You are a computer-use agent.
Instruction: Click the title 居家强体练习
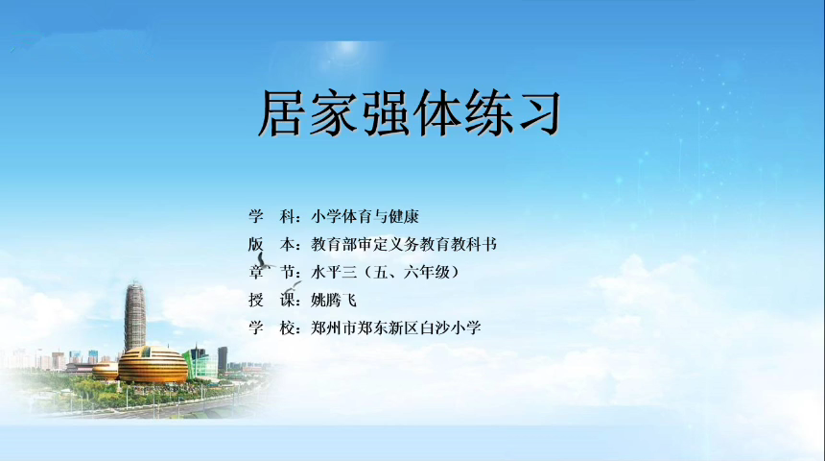click(410, 113)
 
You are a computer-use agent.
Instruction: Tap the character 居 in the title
click(281, 113)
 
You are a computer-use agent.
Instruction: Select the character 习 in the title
click(539, 113)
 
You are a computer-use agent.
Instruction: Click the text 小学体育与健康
click(365, 216)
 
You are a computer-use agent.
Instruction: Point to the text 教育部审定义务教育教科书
click(404, 245)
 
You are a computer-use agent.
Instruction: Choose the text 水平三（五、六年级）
click(385, 273)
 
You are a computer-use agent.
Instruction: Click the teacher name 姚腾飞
click(334, 301)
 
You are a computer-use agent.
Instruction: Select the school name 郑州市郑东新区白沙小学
click(395, 328)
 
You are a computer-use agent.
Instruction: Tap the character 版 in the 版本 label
click(256, 245)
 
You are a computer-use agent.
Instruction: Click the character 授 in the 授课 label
click(256, 301)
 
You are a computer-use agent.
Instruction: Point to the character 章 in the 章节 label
click(256, 273)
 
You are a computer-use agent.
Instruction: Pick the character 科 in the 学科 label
click(287, 216)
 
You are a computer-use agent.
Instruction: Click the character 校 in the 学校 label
click(287, 328)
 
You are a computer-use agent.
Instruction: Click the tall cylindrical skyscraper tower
click(134, 316)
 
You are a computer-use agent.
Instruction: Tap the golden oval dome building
click(153, 365)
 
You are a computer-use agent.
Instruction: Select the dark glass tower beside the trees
click(223, 359)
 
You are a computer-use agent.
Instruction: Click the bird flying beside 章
click(265, 261)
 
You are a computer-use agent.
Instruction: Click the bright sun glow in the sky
click(347, 48)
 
